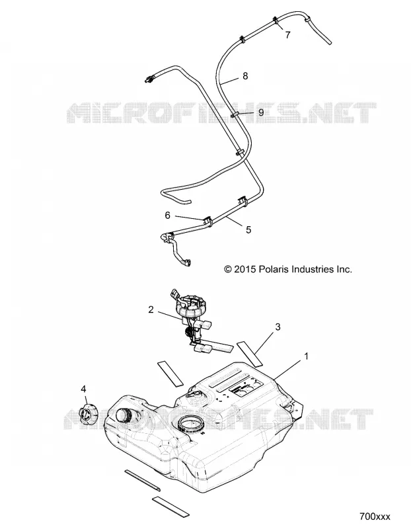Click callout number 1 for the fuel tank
click(x=306, y=356)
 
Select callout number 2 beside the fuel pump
click(x=151, y=309)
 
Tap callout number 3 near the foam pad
click(x=278, y=327)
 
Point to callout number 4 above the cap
click(x=83, y=389)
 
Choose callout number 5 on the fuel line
click(x=248, y=229)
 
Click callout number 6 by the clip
click(x=168, y=216)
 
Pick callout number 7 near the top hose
click(x=287, y=35)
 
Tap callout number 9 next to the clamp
click(x=261, y=112)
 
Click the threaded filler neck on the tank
click(x=124, y=416)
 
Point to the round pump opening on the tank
click(x=191, y=423)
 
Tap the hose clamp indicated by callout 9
click(x=236, y=114)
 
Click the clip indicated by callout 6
click(x=207, y=222)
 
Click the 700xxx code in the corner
click(x=375, y=516)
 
